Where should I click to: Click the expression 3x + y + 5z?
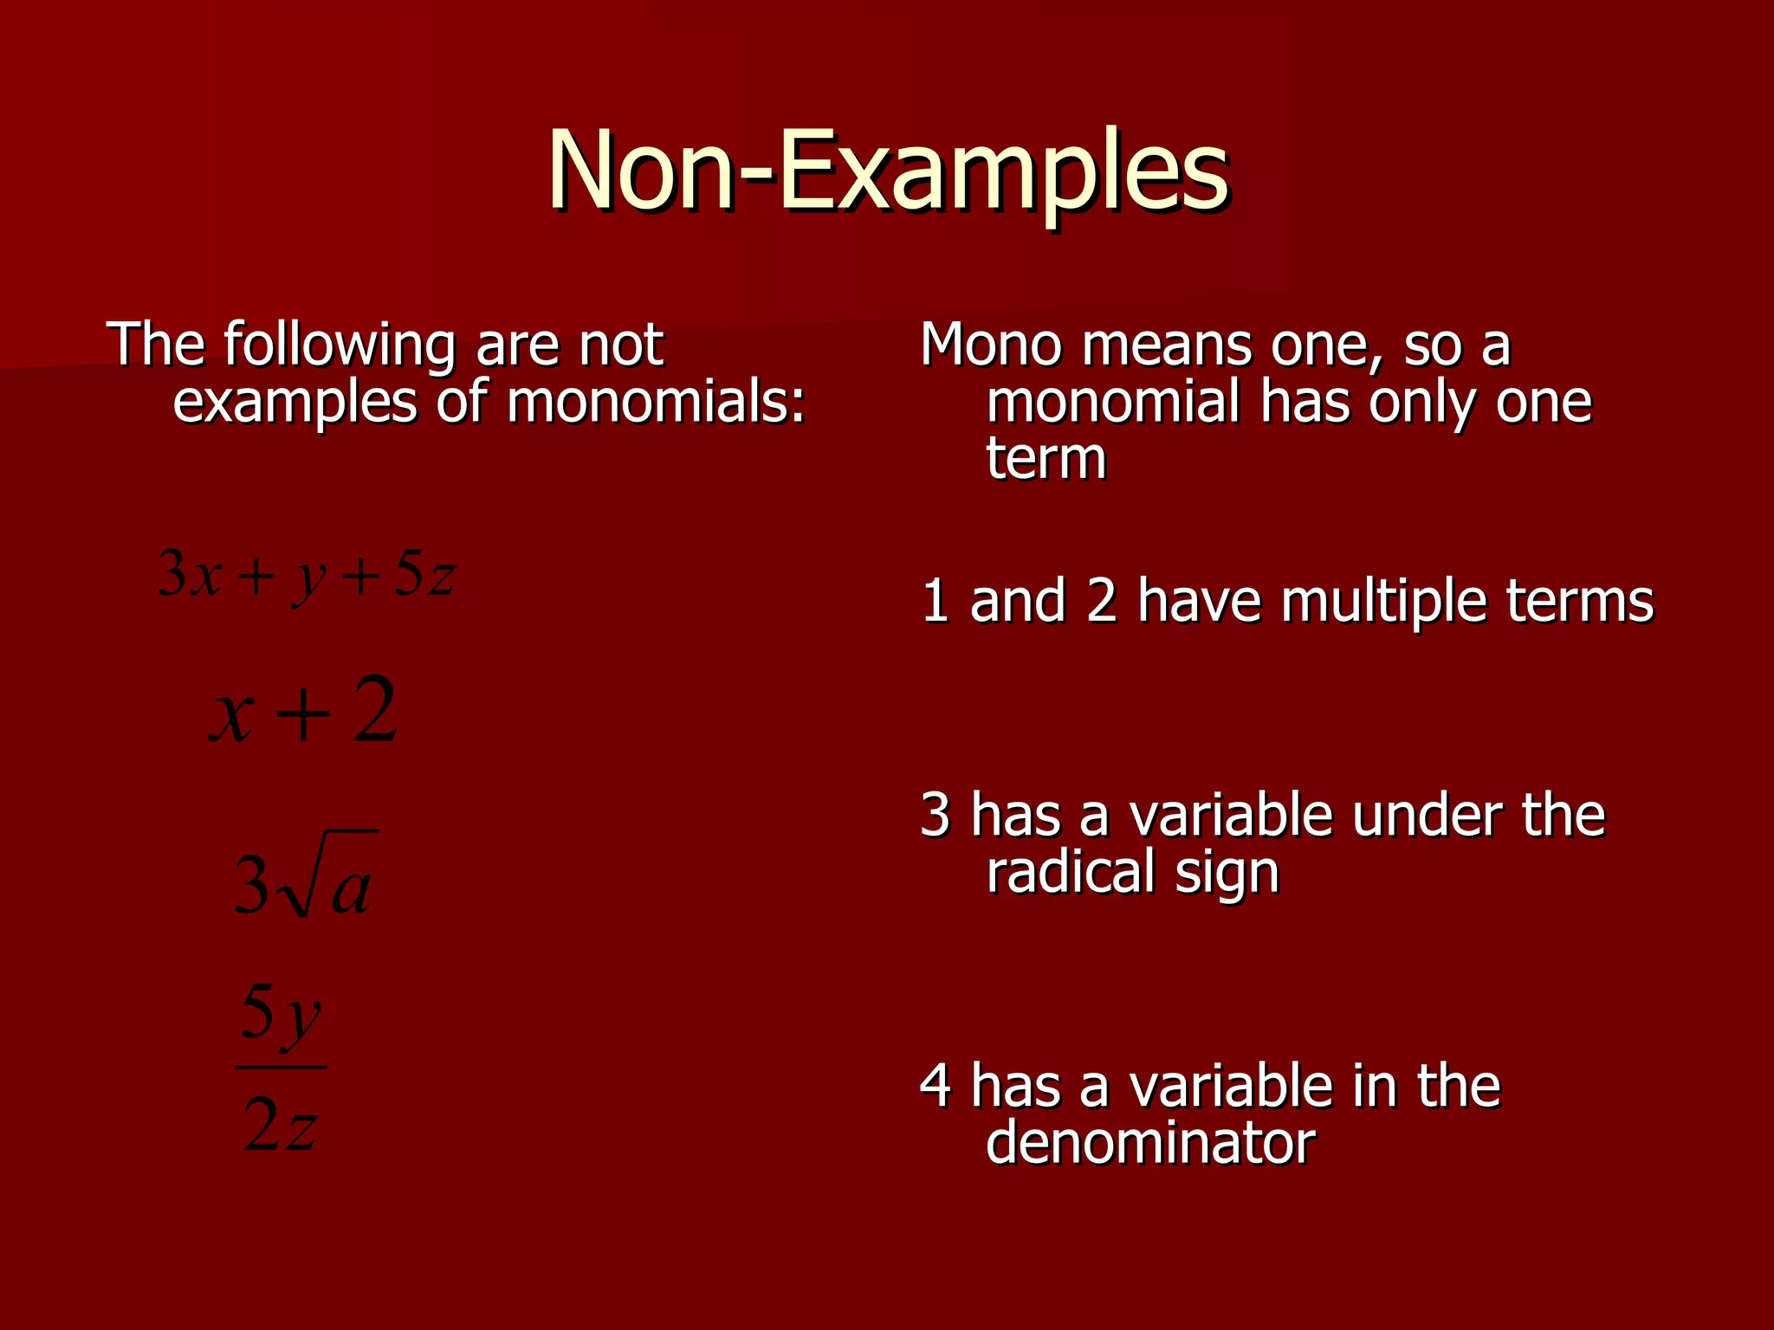pyautogui.click(x=306, y=576)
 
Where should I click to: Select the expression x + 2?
pyautogui.click(x=303, y=712)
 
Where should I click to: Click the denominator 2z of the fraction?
pyautogui.click(x=281, y=1126)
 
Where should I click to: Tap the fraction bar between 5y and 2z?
pyautogui.click(x=281, y=1068)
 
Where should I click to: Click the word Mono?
pyautogui.click(x=990, y=345)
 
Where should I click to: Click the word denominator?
pyautogui.click(x=1150, y=1143)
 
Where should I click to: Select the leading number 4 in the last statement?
pyautogui.click(x=936, y=1086)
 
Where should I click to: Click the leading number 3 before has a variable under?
pyautogui.click(x=936, y=816)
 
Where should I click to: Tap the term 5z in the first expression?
pyautogui.click(x=424, y=576)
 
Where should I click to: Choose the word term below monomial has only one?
pyautogui.click(x=1046, y=459)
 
